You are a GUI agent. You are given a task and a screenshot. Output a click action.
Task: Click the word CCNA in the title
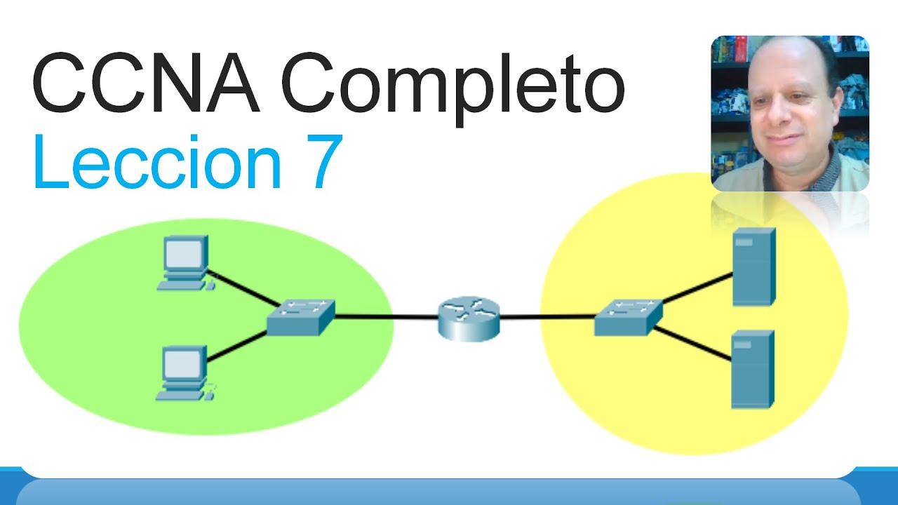(146, 83)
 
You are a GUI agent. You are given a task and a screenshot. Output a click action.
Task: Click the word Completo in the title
(453, 89)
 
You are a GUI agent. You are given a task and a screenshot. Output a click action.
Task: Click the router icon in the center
(469, 318)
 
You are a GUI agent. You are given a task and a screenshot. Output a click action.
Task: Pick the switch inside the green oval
(301, 317)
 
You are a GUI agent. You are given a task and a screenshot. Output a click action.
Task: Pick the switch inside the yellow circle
(628, 317)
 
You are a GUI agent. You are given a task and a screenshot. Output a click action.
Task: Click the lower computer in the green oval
(185, 373)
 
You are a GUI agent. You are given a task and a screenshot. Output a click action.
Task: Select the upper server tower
(754, 267)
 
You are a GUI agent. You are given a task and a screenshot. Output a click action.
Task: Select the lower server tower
(753, 369)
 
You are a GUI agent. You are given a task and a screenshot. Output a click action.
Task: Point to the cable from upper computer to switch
(243, 288)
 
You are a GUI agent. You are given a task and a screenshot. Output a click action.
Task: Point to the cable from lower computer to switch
(237, 346)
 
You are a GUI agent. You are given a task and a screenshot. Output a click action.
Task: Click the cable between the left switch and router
(387, 318)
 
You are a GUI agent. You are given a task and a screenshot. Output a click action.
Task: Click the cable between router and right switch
(547, 318)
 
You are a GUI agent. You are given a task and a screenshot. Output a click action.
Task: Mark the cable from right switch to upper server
(697, 288)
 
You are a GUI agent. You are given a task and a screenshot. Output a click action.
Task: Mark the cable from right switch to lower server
(692, 344)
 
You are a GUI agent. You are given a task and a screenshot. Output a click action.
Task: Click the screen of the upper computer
(184, 254)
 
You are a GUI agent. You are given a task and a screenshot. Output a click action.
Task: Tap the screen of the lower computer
(182, 365)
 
